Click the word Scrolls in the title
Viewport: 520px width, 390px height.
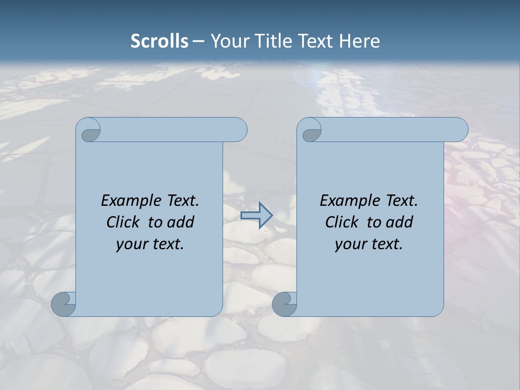pos(159,41)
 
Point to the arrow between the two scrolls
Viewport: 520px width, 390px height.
pos(256,215)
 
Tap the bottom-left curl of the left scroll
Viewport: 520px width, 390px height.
pos(63,304)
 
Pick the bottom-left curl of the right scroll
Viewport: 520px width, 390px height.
pos(284,304)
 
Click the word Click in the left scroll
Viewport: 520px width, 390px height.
pos(122,222)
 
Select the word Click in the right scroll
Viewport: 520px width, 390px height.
pos(341,222)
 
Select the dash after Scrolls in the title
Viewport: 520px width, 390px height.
pos(198,41)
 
